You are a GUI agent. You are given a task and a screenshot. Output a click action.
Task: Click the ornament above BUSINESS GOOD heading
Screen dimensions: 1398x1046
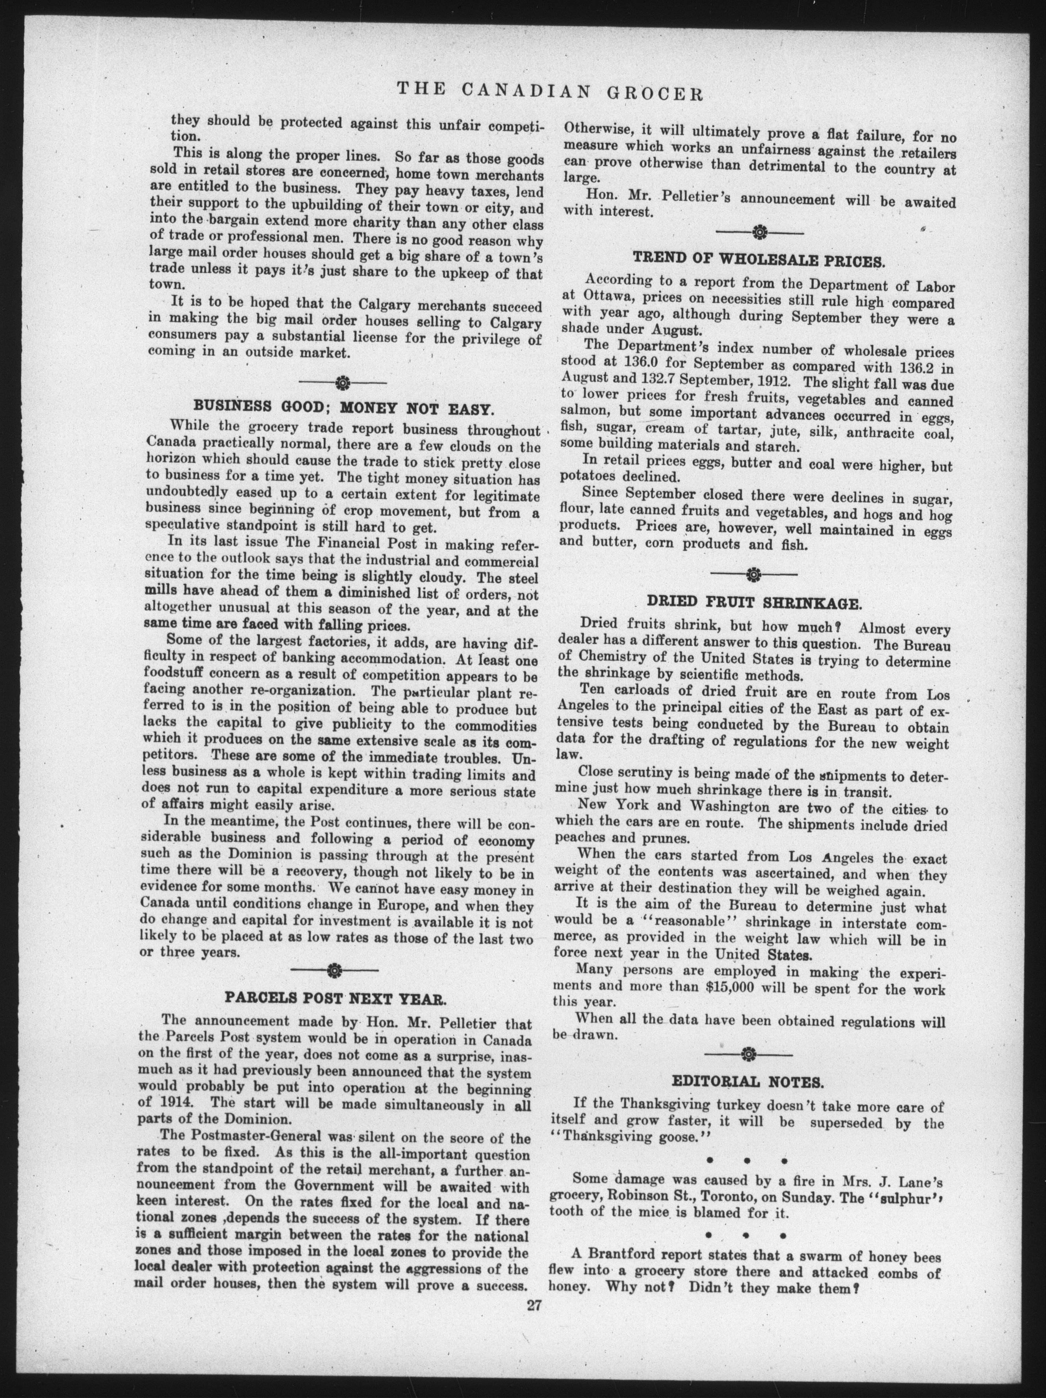coord(342,382)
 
